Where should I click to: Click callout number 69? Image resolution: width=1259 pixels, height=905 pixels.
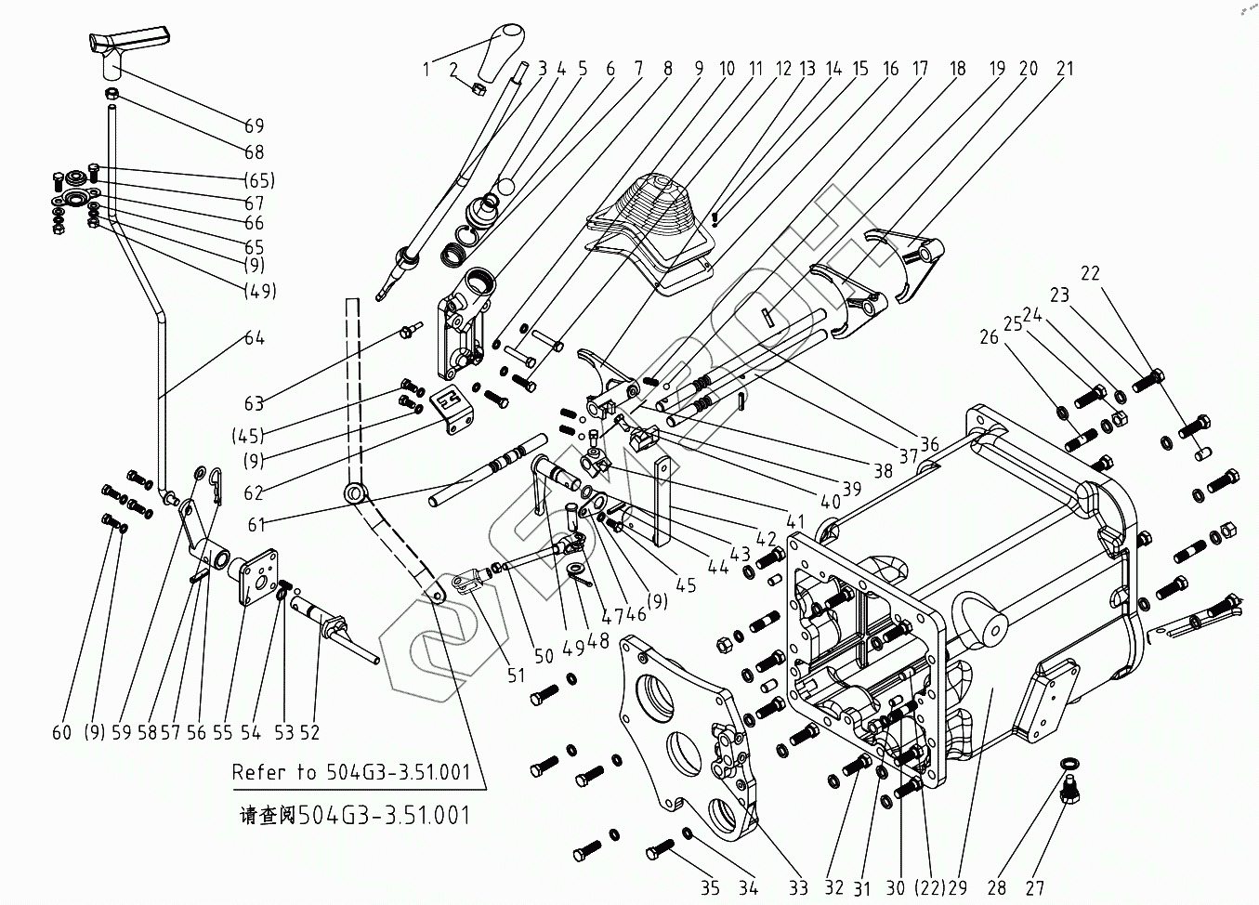click(x=254, y=125)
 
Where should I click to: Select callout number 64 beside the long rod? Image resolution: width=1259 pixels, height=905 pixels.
click(x=254, y=337)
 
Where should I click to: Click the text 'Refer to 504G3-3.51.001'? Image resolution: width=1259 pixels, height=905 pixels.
click(x=352, y=772)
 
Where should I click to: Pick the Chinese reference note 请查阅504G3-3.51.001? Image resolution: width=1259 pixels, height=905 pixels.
click(x=354, y=816)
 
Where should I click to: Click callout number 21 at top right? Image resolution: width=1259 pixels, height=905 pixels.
click(x=1064, y=68)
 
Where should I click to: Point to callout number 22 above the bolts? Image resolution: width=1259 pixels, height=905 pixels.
click(x=1090, y=273)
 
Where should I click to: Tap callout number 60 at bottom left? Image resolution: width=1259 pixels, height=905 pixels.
click(x=61, y=732)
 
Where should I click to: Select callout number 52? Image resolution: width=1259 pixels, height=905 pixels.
click(x=309, y=732)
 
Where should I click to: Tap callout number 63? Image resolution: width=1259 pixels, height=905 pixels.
click(x=254, y=403)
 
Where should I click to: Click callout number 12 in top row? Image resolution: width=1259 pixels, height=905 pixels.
click(x=782, y=68)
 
